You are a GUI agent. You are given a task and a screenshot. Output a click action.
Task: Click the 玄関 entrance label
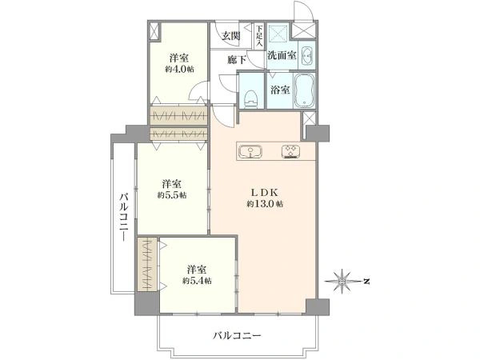[x=231, y=36]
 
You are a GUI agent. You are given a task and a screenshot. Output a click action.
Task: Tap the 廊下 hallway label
[x=237, y=60]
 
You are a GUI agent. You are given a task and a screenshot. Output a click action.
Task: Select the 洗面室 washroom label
[x=282, y=55]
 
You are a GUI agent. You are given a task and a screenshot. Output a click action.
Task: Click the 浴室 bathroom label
[x=280, y=90]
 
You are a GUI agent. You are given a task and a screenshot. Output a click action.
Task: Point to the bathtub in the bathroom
[x=304, y=90]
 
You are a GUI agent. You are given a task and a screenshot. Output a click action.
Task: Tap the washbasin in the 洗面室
[x=306, y=56]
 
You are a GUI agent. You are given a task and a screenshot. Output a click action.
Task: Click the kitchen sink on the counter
[x=250, y=151]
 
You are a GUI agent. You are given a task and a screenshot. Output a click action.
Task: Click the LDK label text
[x=265, y=193]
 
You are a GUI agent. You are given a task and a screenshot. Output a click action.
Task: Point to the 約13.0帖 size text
[x=265, y=203]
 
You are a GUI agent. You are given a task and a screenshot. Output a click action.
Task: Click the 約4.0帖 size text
[x=179, y=69]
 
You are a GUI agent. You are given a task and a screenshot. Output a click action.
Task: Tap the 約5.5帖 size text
[x=172, y=195]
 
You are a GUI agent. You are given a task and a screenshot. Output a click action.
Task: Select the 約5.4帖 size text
[x=197, y=281]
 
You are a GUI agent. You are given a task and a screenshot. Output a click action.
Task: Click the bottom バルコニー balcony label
[x=237, y=336]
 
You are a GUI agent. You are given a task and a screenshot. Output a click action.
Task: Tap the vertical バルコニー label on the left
[x=124, y=217]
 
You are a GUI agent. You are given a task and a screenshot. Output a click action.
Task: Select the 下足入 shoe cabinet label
[x=259, y=36]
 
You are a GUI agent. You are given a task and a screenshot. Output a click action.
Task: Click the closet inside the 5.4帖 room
[x=147, y=265]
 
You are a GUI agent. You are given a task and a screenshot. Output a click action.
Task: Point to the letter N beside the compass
[x=366, y=281]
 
